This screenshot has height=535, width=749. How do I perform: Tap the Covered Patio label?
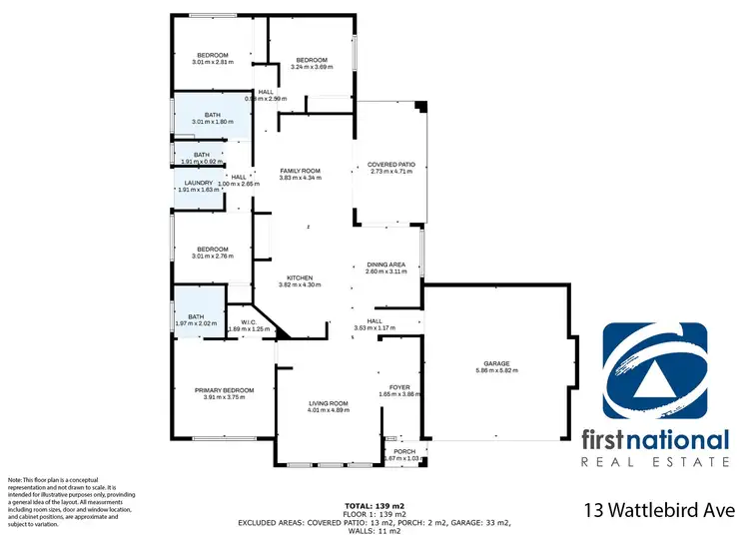tap(391, 164)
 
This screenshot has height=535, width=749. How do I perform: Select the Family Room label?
tap(300, 172)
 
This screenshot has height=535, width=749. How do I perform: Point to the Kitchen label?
tap(301, 277)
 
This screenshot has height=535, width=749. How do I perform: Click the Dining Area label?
tap(386, 265)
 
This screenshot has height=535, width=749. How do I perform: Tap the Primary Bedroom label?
tap(224, 389)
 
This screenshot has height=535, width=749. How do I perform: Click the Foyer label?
tap(399, 386)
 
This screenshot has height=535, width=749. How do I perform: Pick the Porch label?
tap(404, 450)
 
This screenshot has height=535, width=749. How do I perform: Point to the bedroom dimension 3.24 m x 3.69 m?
tap(310, 67)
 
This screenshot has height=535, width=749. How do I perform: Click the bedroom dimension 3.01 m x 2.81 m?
tap(212, 62)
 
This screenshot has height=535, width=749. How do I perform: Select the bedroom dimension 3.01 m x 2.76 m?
tap(212, 256)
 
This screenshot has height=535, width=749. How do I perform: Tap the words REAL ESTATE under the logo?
tap(655, 462)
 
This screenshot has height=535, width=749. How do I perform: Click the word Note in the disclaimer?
tap(15, 481)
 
